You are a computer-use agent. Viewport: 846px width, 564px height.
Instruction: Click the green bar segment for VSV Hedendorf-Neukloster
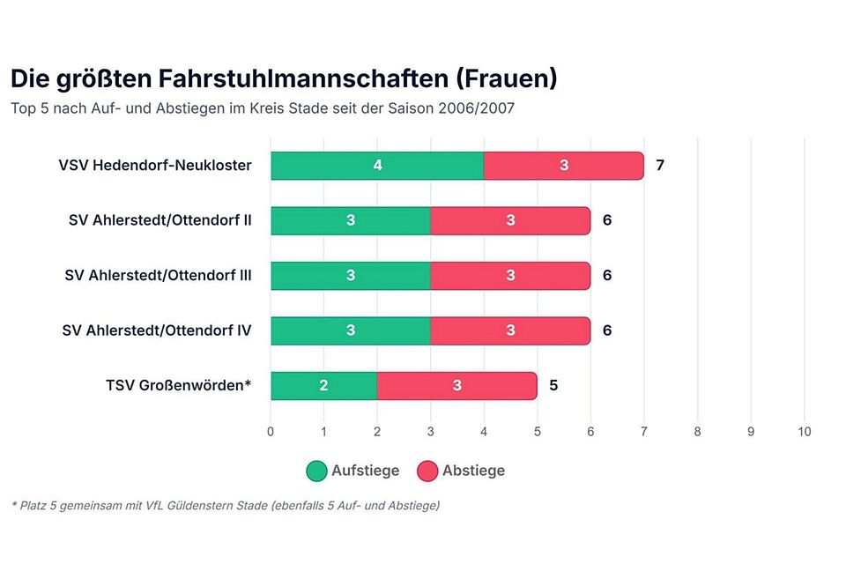[376, 166]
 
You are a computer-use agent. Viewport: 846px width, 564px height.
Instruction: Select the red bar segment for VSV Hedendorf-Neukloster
[564, 166]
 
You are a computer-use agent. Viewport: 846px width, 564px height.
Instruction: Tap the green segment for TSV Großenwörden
[323, 386]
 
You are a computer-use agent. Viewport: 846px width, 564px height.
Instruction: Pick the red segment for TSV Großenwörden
[456, 386]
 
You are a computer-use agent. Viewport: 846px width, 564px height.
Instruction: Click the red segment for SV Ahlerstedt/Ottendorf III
[510, 276]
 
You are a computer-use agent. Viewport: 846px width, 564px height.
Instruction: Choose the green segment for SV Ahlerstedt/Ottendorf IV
[350, 330]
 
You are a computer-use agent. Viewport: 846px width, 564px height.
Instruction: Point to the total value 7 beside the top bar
[660, 166]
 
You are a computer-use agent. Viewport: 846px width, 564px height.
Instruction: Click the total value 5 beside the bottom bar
[553, 386]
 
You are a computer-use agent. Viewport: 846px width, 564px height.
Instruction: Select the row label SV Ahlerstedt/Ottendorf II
[160, 220]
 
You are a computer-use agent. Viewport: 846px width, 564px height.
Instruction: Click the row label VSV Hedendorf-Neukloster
[155, 166]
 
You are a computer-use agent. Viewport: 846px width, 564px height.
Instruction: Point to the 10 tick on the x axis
[804, 432]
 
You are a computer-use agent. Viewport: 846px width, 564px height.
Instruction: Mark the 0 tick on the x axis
[271, 432]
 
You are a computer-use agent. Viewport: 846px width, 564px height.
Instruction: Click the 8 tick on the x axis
[697, 432]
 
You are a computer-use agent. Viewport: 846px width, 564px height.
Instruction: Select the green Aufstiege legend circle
[316, 471]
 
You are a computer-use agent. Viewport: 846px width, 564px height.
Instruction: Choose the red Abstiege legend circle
[427, 471]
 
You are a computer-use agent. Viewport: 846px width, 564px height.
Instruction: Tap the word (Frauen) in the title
[507, 78]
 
